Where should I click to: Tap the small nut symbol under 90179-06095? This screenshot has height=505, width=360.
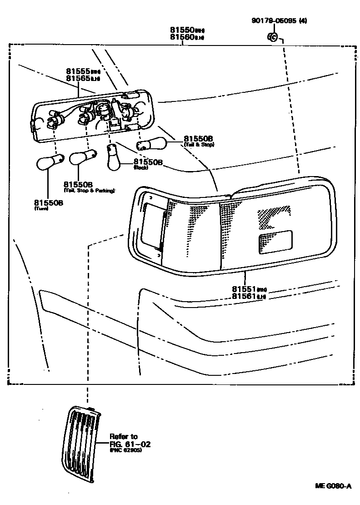coord(272,36)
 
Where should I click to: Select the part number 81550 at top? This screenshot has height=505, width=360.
coord(182,30)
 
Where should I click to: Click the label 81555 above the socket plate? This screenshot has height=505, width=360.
coord(78,71)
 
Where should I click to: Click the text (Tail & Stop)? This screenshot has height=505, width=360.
coord(199,145)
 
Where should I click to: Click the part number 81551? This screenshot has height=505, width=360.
coord(245,289)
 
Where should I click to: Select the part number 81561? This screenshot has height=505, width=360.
coord(245,296)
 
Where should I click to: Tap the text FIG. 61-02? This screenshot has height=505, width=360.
coord(130,444)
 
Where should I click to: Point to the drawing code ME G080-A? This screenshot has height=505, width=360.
coord(333,486)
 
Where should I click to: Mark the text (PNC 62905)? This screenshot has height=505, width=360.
coord(125,450)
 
